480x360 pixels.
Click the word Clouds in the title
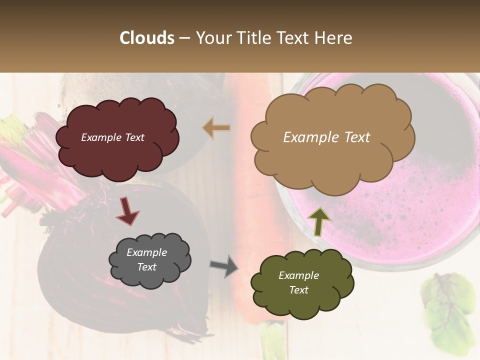click(x=147, y=38)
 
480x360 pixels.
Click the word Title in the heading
click(x=254, y=38)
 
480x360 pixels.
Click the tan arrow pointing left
click(x=216, y=128)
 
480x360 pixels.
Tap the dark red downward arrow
click(x=127, y=211)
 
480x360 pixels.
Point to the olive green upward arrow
click(x=318, y=220)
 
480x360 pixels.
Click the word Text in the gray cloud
click(x=147, y=267)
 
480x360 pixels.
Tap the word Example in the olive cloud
click(x=298, y=275)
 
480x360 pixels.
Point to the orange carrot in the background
click(x=252, y=190)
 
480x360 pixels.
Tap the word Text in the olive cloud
click(x=298, y=290)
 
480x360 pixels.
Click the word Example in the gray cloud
click(x=147, y=252)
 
